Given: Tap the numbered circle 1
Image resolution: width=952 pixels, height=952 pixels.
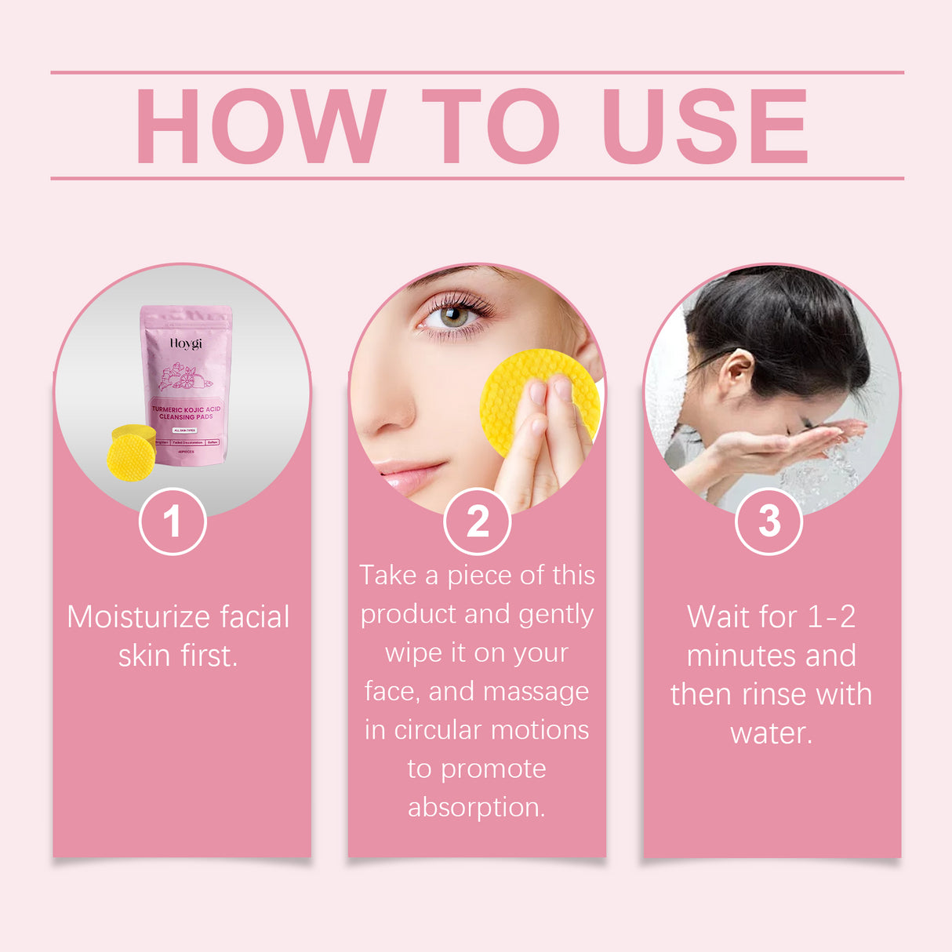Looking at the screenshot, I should [173, 521].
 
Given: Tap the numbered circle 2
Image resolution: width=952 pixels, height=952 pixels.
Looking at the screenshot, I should [477, 521].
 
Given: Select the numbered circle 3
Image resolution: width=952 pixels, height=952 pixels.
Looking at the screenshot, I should [769, 521].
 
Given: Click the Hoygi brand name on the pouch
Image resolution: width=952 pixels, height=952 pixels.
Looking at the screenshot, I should [186, 343].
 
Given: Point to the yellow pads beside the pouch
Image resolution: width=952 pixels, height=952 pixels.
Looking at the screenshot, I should [132, 451].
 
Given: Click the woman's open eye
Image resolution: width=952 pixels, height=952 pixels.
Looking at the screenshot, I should [455, 316].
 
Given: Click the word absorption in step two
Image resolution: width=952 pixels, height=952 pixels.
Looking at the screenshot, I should [475, 807].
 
